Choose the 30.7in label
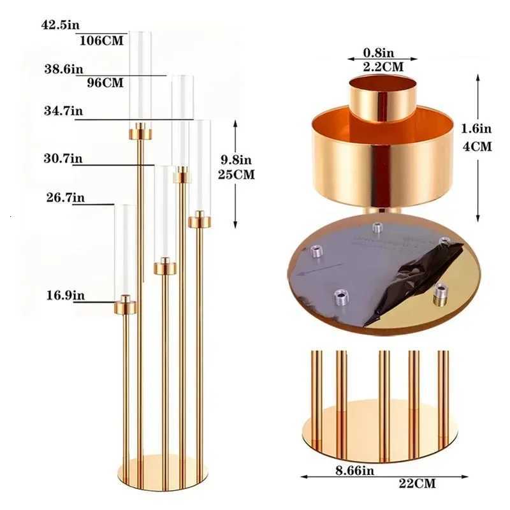(63, 158)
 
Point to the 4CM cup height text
(477, 147)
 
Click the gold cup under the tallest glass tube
(141, 133)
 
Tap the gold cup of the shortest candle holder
(125, 307)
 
